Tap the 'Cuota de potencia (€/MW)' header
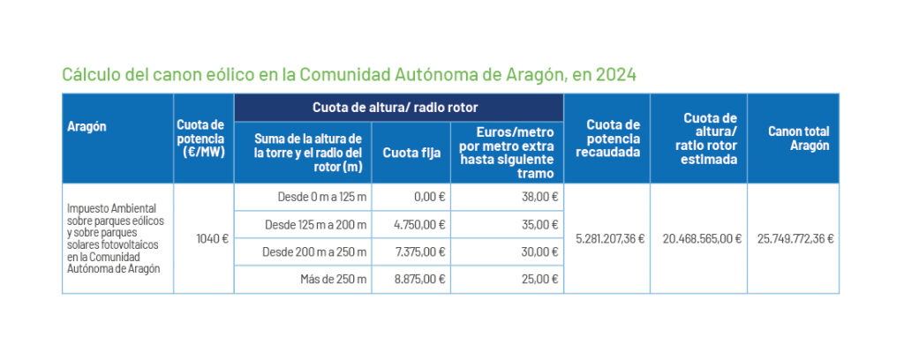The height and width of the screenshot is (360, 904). click(202, 139)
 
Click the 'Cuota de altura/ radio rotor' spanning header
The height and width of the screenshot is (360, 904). click(395, 108)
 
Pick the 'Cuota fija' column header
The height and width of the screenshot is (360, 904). click(411, 152)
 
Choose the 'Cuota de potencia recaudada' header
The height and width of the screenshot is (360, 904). click(606, 139)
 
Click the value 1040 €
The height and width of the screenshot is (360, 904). click(213, 238)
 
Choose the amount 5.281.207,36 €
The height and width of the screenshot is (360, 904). click(610, 238)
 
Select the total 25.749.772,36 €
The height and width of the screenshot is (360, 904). click(795, 238)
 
